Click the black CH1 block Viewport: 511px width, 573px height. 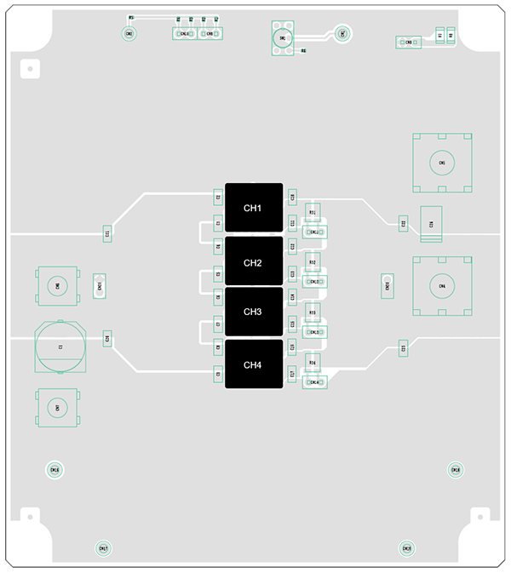point(253,208)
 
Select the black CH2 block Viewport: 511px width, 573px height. point(253,263)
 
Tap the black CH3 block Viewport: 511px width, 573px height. point(253,312)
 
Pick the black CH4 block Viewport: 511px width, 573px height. point(253,365)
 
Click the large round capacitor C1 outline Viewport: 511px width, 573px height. point(60,347)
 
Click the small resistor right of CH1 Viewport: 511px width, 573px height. point(313,212)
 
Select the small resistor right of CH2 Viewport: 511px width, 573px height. point(313,262)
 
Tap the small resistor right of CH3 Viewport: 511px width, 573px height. point(313,313)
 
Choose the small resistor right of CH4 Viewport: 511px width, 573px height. point(313,364)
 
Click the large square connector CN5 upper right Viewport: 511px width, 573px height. point(441,162)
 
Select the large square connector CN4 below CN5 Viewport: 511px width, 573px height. point(441,286)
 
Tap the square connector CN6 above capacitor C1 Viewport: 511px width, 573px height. point(57,286)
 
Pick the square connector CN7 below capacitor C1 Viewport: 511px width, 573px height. point(57,408)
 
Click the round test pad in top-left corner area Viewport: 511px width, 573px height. point(129,34)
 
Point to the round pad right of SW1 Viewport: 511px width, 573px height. point(342,33)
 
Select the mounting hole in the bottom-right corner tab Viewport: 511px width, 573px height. point(484,514)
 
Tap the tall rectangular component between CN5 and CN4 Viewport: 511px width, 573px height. point(432,225)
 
